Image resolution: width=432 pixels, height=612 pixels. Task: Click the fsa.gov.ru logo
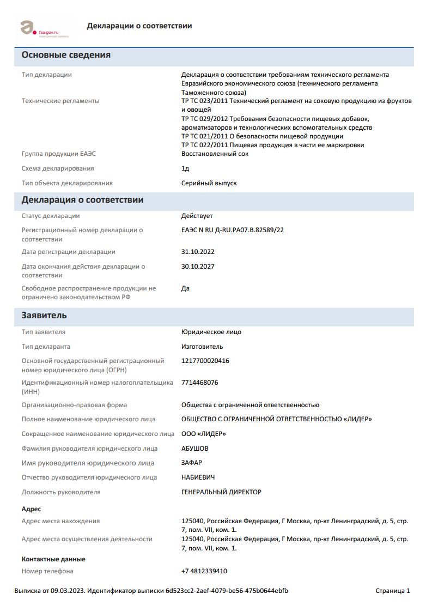pyautogui.click(x=40, y=28)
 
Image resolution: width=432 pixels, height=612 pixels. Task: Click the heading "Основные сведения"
pyautogui.click(x=66, y=55)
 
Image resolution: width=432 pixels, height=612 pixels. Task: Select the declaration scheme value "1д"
pyautogui.click(x=185, y=168)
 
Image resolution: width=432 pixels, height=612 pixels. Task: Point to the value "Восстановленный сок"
pyautogui.click(x=215, y=154)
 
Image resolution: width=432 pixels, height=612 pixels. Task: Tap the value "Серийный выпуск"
pyautogui.click(x=209, y=183)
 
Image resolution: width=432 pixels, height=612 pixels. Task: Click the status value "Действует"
pyautogui.click(x=197, y=216)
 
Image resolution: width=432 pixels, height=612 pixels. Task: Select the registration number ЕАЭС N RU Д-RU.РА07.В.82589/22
pyautogui.click(x=232, y=230)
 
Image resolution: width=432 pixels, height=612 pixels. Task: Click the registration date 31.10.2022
pyautogui.click(x=198, y=252)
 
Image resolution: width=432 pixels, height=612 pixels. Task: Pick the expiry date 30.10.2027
pyautogui.click(x=198, y=266)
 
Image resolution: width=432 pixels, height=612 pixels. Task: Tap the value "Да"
pyautogui.click(x=185, y=288)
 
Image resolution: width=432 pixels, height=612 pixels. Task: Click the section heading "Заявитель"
pyautogui.click(x=44, y=316)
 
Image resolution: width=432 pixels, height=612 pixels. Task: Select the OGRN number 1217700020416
pyautogui.click(x=205, y=361)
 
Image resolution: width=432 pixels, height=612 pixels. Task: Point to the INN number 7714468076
pyautogui.click(x=199, y=383)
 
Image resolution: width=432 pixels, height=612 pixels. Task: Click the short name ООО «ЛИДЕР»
pyautogui.click(x=203, y=434)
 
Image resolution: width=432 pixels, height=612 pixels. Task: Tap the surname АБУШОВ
pyautogui.click(x=194, y=449)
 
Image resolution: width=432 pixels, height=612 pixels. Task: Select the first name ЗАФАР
pyautogui.click(x=191, y=463)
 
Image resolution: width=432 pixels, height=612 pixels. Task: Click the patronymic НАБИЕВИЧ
pyautogui.click(x=198, y=477)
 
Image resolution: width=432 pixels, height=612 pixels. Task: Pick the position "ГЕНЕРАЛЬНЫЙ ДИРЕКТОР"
pyautogui.click(x=221, y=492)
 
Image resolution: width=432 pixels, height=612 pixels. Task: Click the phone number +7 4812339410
pyautogui.click(x=204, y=571)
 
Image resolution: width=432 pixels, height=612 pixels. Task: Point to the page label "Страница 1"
pyautogui.click(x=392, y=591)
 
